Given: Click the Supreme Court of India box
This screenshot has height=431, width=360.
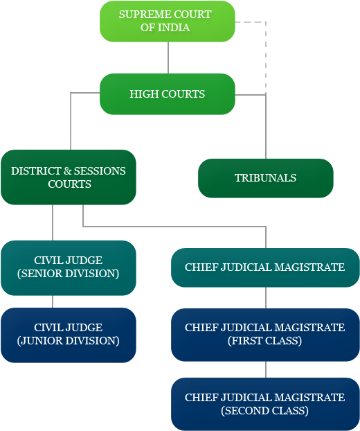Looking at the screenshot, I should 167,21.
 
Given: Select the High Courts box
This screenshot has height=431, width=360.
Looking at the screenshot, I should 167,94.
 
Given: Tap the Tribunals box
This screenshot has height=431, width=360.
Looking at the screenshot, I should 265,178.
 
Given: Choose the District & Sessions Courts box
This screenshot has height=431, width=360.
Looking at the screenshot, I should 69,177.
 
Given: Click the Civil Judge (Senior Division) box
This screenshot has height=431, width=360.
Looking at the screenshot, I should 69,267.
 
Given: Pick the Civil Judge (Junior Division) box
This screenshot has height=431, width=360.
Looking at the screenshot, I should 69,335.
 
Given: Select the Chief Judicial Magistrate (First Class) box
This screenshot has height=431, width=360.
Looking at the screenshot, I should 265,334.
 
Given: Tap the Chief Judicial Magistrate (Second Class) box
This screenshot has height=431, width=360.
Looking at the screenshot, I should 265,404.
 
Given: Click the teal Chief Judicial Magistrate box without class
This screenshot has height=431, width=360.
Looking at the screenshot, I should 265,267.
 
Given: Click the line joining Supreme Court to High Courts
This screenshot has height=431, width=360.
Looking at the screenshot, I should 168,58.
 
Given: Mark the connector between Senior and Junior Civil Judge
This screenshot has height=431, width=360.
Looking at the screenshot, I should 53,301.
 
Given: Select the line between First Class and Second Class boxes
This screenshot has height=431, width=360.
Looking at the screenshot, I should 266,369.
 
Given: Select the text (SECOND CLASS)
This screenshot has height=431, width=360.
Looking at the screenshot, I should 265,411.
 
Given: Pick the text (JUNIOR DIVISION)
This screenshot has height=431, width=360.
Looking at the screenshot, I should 69,341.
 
